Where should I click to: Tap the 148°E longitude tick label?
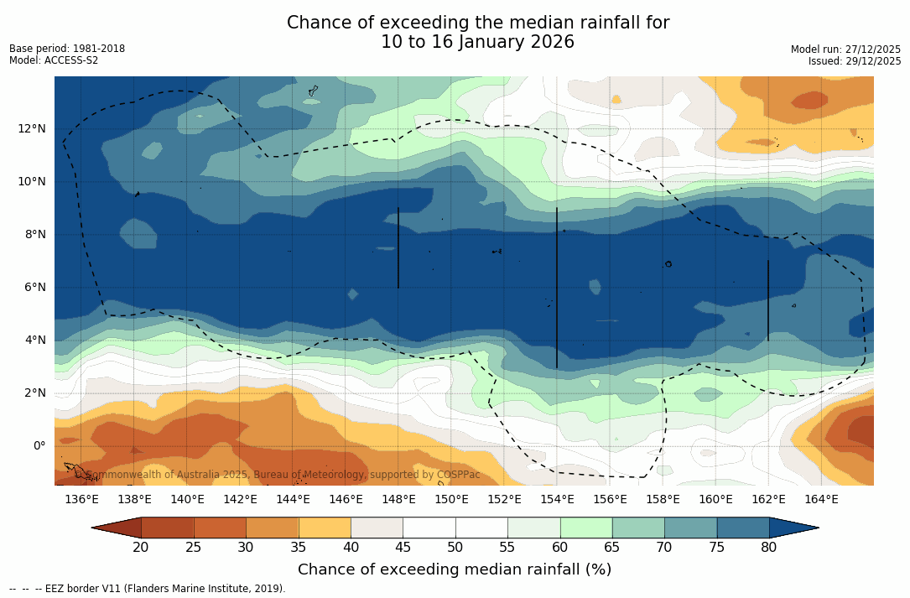[x=398, y=499]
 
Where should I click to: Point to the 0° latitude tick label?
[x=39, y=445]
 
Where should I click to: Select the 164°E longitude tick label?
[x=821, y=499]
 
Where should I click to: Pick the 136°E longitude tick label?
[x=81, y=499]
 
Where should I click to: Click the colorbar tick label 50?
[x=455, y=548]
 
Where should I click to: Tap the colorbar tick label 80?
[x=769, y=548]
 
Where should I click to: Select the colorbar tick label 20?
[x=141, y=548]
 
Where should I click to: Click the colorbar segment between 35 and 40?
[x=325, y=528]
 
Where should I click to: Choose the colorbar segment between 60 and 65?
[x=586, y=528]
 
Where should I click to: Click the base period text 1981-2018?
[x=99, y=49]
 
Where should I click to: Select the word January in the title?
[x=491, y=42]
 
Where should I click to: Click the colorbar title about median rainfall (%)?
[x=455, y=569]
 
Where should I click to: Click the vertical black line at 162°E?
[x=768, y=298]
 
